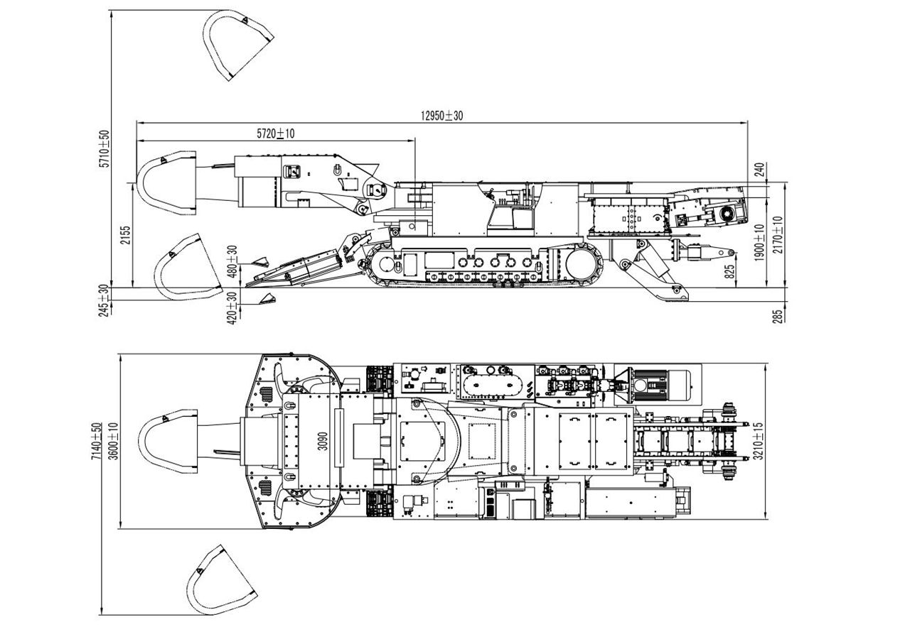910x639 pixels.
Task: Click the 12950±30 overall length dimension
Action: coord(441,116)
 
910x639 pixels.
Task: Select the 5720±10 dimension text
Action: coord(275,133)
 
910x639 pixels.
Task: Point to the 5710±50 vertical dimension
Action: coord(105,148)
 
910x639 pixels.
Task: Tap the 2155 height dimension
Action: coord(125,234)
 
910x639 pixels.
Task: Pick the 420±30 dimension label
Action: coord(232,308)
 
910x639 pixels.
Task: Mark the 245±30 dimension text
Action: coord(105,300)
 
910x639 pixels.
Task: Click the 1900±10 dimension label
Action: coord(759,241)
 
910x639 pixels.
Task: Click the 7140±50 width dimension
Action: coord(96,442)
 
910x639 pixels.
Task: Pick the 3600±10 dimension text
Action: coord(113,442)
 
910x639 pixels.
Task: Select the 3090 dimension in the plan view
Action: coord(323,441)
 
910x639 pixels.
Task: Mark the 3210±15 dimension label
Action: coord(759,442)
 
